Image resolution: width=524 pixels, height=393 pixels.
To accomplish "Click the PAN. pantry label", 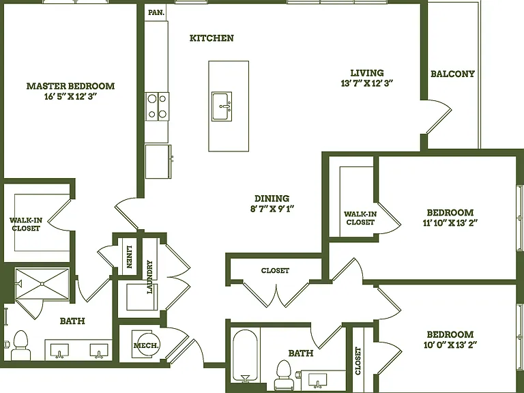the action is [156, 13].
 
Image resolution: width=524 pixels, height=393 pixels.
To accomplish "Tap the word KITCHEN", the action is [212, 38].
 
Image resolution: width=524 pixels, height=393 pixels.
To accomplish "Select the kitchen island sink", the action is [222, 106].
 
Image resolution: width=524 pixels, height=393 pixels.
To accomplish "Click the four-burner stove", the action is [157, 106].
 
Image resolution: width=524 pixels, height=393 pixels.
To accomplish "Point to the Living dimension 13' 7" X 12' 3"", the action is [366, 83].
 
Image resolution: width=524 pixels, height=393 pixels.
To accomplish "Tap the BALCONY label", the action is [452, 74].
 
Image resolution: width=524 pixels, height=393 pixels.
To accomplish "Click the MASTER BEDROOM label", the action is [70, 86].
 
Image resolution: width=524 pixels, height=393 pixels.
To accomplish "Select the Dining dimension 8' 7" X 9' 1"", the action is [272, 209].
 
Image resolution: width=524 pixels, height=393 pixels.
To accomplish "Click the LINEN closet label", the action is [130, 257].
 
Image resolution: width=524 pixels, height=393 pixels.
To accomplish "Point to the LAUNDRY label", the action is [149, 277].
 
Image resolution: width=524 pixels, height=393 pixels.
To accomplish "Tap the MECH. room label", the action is [147, 345].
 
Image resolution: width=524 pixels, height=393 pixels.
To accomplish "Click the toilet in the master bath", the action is [20, 345].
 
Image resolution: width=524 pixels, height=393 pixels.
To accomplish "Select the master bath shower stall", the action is [42, 284].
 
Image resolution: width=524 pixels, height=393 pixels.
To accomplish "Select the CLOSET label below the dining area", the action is [275, 270].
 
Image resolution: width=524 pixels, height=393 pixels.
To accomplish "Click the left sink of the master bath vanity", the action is [59, 351].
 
